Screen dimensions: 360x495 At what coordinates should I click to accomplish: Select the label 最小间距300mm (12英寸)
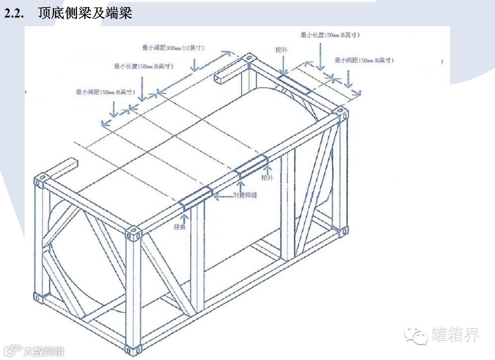pos(173,48)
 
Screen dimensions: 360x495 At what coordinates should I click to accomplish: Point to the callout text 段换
pos(180,227)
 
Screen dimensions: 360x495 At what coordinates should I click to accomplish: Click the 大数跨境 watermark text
pos(43,351)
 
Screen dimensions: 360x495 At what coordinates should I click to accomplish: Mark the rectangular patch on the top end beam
pos(294,84)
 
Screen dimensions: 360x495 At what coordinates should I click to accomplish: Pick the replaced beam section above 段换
pos(195,198)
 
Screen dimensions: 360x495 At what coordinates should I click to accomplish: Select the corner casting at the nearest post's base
pos(133,350)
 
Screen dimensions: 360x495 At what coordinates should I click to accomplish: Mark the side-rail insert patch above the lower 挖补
pos(251,167)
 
